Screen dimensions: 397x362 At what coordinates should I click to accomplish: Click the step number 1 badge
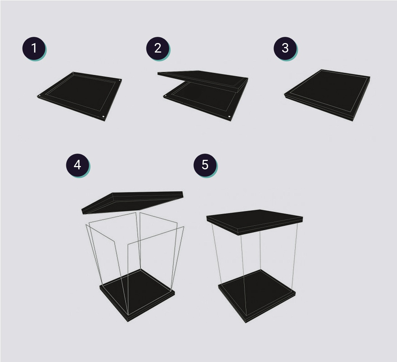(x=34, y=48)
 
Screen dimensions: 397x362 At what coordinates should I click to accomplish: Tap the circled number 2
(x=157, y=48)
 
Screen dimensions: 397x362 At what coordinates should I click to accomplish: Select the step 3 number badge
(x=285, y=48)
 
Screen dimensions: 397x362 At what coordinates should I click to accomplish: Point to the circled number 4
(x=78, y=165)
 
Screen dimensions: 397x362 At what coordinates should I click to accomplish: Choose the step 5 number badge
(x=205, y=165)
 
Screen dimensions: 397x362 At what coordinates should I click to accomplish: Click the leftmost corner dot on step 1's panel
(x=39, y=96)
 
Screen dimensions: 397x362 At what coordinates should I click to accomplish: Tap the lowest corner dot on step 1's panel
(x=104, y=117)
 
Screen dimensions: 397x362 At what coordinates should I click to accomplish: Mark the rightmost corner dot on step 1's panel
(x=120, y=80)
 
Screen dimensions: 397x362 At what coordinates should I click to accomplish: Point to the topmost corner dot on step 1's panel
(x=73, y=73)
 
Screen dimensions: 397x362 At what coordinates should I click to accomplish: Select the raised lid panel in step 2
(x=203, y=80)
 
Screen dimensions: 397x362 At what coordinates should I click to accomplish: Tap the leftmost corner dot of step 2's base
(x=166, y=96)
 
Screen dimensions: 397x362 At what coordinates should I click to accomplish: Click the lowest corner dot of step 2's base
(x=229, y=117)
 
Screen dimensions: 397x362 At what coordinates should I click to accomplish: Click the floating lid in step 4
(x=132, y=202)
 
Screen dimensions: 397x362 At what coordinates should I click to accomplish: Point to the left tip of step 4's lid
(x=82, y=211)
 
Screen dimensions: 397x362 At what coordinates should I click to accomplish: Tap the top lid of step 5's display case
(x=255, y=222)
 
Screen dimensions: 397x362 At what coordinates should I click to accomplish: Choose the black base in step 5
(x=257, y=296)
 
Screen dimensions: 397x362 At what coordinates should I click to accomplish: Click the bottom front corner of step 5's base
(x=245, y=323)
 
